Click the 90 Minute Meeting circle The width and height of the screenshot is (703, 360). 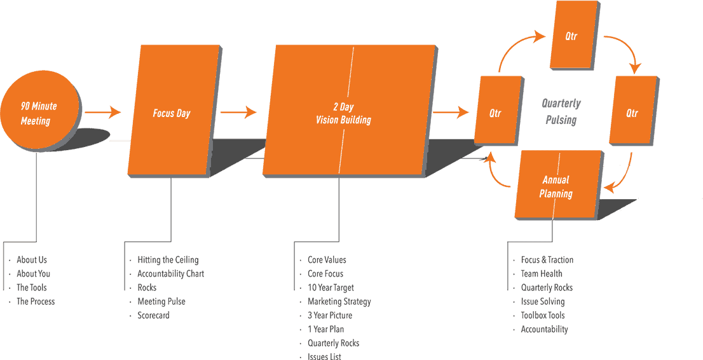click(39, 113)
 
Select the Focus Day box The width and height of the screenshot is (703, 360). click(172, 112)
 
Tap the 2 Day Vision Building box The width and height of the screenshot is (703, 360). click(348, 112)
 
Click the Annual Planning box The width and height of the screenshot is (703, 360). click(557, 185)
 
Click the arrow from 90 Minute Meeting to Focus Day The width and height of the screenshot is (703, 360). click(103, 113)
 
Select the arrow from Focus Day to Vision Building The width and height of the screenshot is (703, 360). click(238, 113)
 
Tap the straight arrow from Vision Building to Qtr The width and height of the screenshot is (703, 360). click(451, 113)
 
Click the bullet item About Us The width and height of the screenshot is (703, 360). click(31, 260)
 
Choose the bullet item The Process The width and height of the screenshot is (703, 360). click(35, 301)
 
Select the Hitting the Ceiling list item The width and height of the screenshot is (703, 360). click(168, 260)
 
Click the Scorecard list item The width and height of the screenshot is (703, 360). click(153, 315)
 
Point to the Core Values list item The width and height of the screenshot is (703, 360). click(327, 260)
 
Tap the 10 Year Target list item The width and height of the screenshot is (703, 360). click(331, 287)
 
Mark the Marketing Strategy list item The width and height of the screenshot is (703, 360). click(339, 301)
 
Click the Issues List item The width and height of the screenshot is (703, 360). click(324, 356)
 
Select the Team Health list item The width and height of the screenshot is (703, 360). click(542, 273)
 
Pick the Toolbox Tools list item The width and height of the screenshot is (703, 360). click(543, 315)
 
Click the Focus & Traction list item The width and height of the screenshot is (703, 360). click(547, 260)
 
